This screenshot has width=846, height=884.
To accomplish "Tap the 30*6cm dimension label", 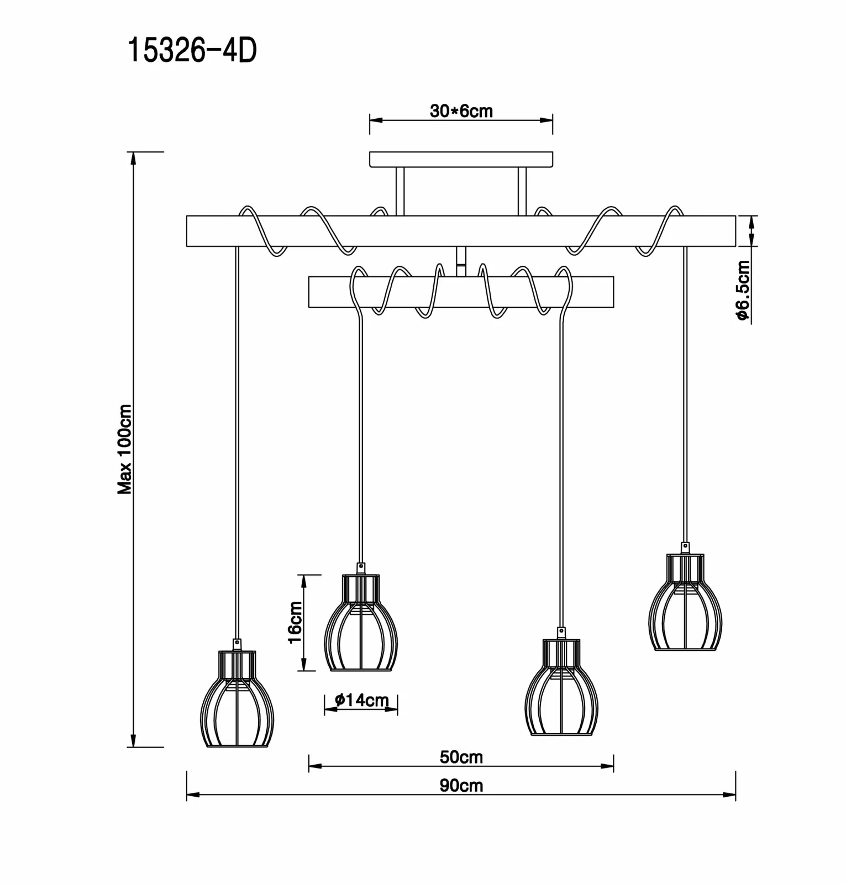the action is point(461,111).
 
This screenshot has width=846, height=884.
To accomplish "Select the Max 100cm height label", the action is point(125,449).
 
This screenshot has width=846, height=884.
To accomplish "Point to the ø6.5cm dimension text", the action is point(743,291).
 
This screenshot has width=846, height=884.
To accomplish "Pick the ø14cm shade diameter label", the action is point(362,701).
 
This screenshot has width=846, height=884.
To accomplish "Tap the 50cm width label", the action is point(461,756).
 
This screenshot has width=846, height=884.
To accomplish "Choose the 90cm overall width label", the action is point(461,785).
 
